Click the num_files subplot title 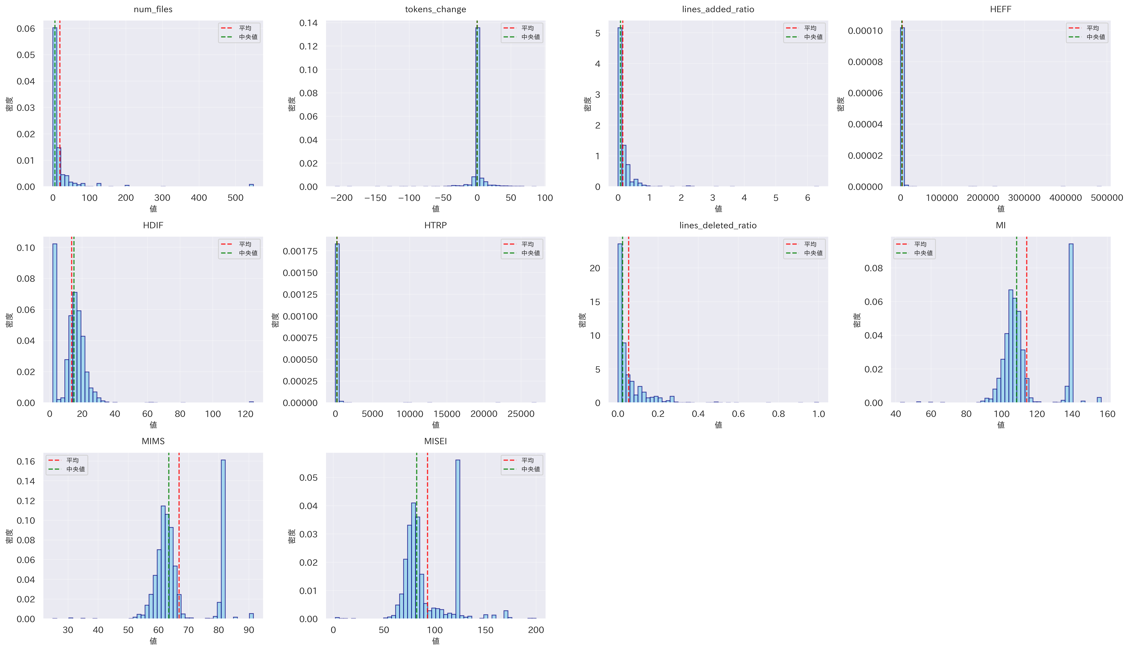point(153,9)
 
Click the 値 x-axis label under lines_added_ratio point(718,209)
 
